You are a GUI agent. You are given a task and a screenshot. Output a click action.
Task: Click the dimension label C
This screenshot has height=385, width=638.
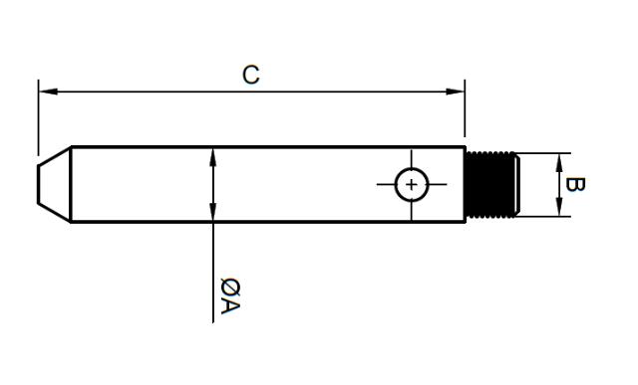(x=251, y=76)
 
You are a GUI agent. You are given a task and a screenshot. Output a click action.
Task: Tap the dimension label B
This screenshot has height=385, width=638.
(x=574, y=185)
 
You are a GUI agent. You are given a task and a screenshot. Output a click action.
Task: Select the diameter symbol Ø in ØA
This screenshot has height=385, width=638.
(x=229, y=287)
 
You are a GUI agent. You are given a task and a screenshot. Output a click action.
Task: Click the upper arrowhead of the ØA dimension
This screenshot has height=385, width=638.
(x=213, y=155)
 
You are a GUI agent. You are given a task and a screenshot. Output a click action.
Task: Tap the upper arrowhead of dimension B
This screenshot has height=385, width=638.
(x=558, y=160)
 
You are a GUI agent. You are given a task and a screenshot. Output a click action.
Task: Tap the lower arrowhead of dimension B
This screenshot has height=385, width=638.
(x=558, y=210)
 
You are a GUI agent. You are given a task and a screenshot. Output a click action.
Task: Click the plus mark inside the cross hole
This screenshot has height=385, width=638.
(x=411, y=184)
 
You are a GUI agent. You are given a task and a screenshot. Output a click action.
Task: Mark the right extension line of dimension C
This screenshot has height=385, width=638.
(x=465, y=114)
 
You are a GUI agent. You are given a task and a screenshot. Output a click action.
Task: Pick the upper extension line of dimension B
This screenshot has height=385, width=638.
(x=543, y=153)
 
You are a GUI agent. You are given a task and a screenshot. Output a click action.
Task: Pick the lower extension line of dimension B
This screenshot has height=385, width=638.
(x=543, y=217)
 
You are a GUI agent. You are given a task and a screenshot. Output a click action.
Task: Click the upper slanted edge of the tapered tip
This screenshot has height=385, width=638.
(x=54, y=156)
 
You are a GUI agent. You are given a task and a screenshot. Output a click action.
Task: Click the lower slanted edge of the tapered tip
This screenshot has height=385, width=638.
(x=54, y=214)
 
